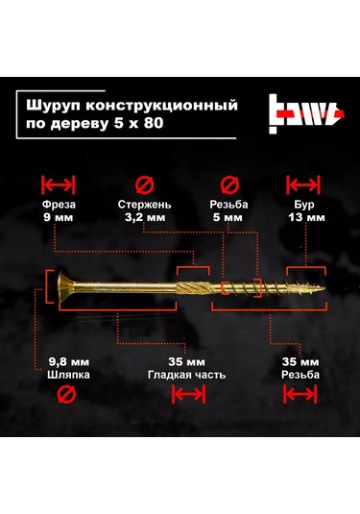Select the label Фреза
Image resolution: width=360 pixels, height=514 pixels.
(60, 205)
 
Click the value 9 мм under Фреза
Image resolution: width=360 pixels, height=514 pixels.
(60, 218)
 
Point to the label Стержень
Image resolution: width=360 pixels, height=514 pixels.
(144, 205)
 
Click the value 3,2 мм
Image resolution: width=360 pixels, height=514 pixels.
(144, 218)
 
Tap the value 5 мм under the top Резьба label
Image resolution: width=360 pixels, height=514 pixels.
(229, 218)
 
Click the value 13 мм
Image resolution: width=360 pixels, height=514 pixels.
(305, 218)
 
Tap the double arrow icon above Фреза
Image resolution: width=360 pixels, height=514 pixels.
(60, 184)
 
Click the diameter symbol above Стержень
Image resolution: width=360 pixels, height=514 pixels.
(144, 184)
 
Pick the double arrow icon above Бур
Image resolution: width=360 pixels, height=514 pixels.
(305, 184)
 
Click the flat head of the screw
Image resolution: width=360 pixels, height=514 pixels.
(52, 286)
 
